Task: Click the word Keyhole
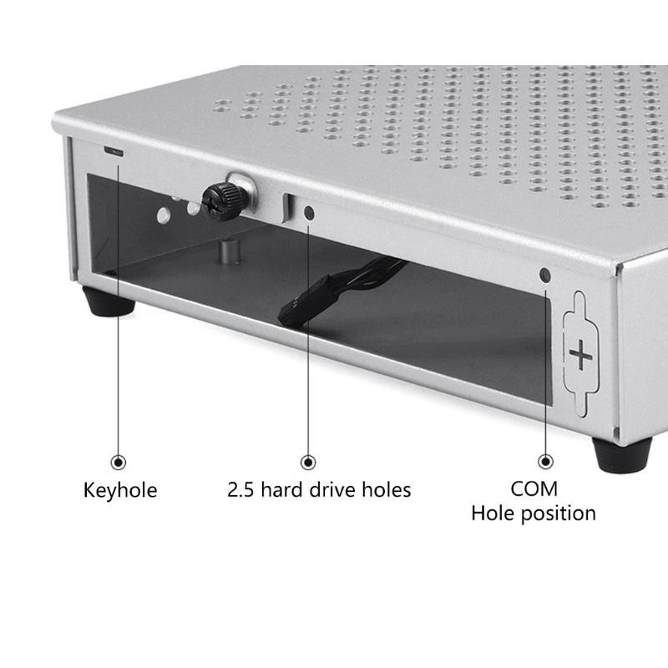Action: [120, 490]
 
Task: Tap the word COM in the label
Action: [534, 488]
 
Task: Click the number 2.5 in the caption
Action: [241, 490]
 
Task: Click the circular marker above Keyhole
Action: [118, 463]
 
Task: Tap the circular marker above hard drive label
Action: [308, 463]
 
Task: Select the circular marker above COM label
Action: [546, 461]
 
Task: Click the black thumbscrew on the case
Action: [220, 201]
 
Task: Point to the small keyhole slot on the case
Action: [114, 151]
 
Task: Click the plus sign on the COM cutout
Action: [580, 354]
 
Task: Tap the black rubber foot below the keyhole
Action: [109, 301]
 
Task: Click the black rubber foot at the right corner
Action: [621, 454]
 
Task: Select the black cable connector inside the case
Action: [303, 301]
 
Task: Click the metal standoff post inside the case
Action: [230, 251]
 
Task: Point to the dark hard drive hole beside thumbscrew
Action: [309, 213]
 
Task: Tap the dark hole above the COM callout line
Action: [545, 275]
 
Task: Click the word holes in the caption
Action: [387, 489]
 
